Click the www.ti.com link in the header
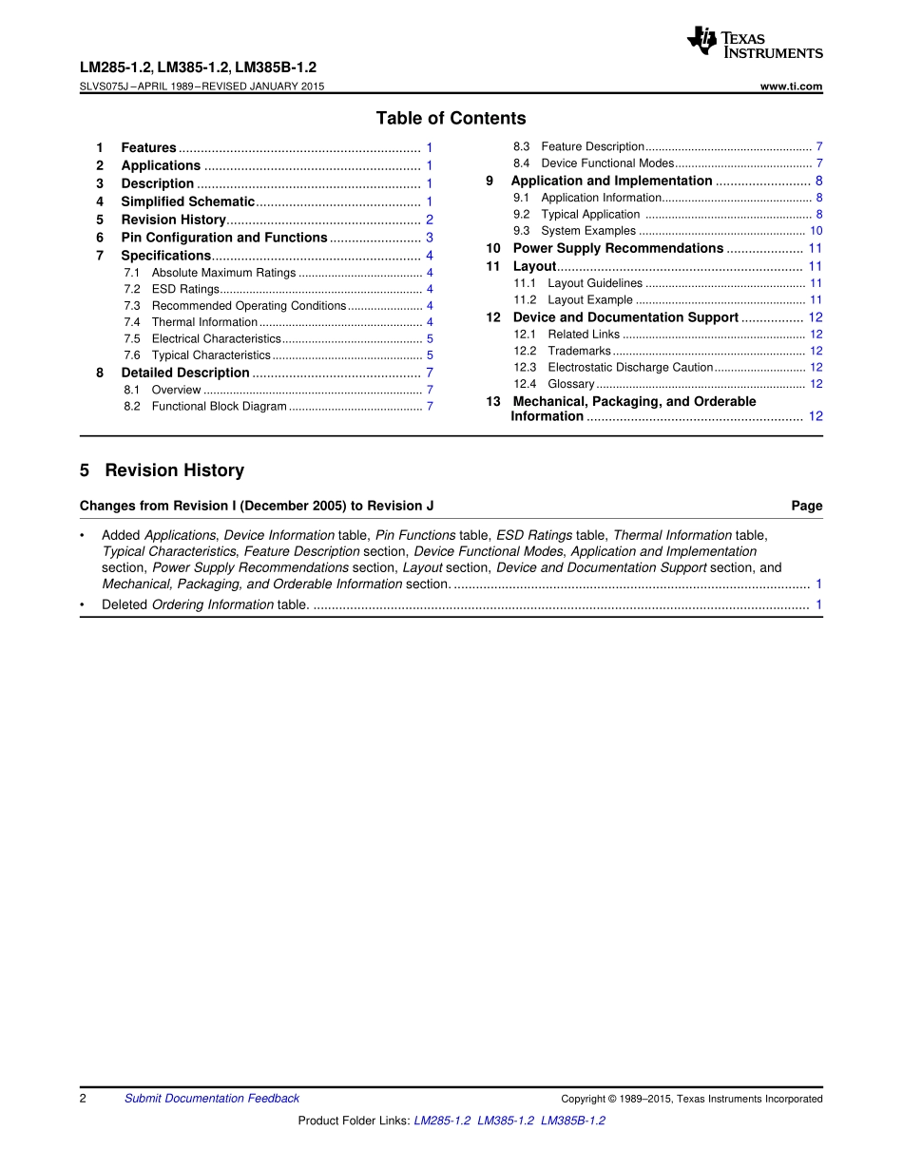(792, 86)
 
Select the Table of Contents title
(451, 119)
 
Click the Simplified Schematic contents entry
(187, 201)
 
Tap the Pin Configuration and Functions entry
(223, 238)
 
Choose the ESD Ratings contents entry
(185, 289)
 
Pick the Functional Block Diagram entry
(219, 406)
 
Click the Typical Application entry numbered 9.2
(590, 214)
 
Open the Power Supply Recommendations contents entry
(618, 248)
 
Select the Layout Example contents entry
(590, 299)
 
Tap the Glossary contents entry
(571, 384)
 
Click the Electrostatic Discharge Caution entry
(630, 367)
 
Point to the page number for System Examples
(816, 231)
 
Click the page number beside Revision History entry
(430, 220)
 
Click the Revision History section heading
(174, 470)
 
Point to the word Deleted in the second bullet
(125, 604)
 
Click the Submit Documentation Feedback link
(212, 1099)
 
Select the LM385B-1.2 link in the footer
(572, 1121)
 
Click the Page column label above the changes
(806, 506)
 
